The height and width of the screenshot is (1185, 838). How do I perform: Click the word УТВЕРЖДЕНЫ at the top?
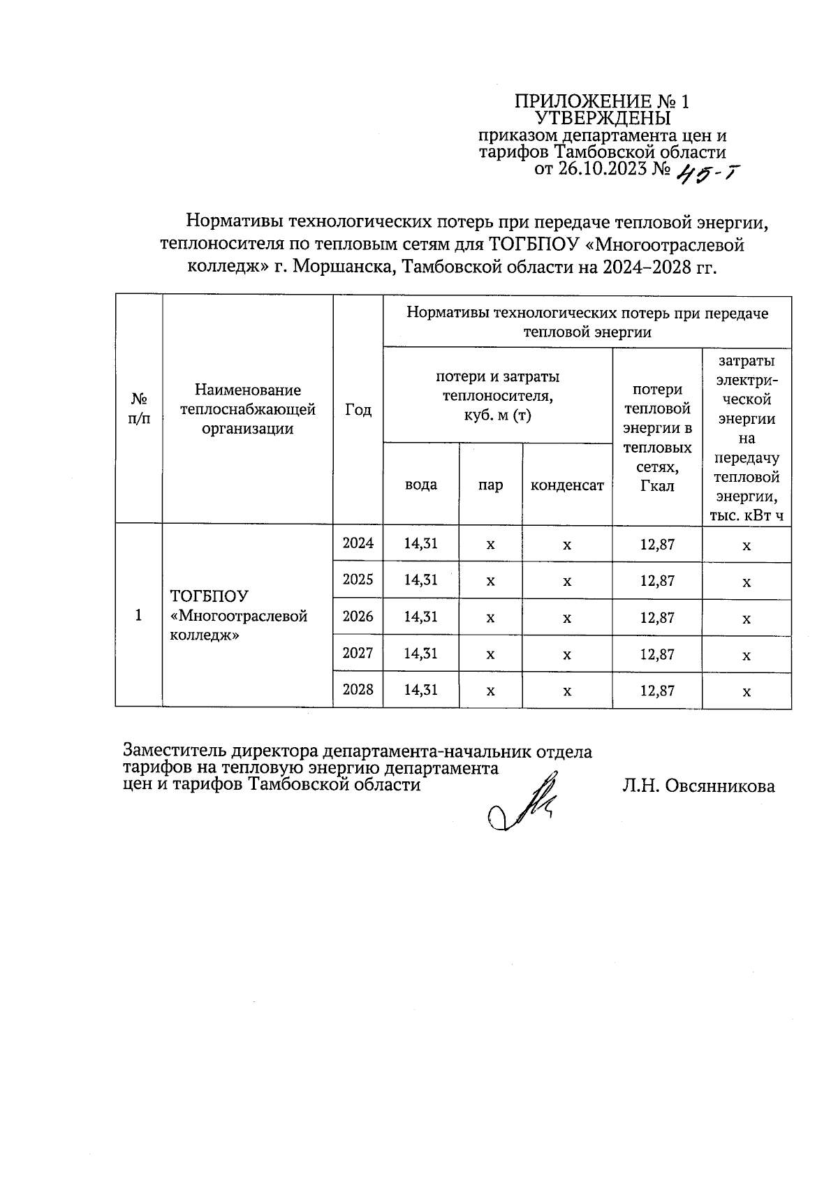pos(602,118)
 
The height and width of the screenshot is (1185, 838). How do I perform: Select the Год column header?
pos(358,410)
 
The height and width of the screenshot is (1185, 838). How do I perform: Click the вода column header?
pos(421,485)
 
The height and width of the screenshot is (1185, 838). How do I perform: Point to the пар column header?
pos(490,485)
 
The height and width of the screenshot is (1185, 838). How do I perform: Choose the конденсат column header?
pos(567,485)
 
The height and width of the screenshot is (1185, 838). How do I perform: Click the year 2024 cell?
pos(358,543)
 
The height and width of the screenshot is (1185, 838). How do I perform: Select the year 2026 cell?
pos(358,617)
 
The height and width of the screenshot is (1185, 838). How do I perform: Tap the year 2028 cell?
pos(358,690)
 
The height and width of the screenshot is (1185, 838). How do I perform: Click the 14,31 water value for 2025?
pos(421,580)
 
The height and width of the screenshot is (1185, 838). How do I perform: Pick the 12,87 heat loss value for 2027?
pos(657,654)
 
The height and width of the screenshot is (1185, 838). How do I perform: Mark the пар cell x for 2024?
pos(490,545)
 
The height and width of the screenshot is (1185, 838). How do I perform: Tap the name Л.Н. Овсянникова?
pos(698,786)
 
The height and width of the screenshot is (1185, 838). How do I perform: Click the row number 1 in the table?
pos(138,615)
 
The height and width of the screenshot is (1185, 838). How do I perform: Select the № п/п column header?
pos(139,409)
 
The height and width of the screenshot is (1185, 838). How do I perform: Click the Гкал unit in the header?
pos(657,486)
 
